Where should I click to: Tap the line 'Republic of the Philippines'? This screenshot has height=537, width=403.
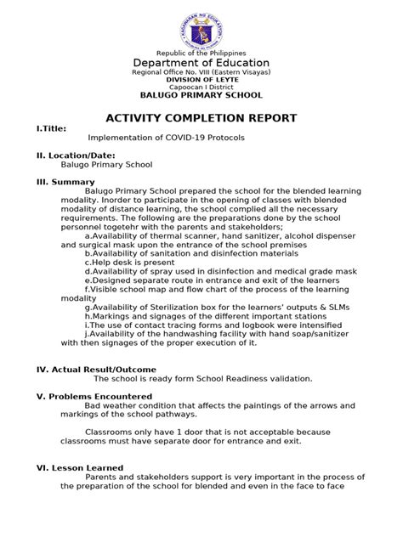pos(201,53)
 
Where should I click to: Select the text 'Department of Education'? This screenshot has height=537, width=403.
pos(201,63)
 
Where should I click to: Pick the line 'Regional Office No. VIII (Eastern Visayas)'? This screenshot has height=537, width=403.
pos(201,72)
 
